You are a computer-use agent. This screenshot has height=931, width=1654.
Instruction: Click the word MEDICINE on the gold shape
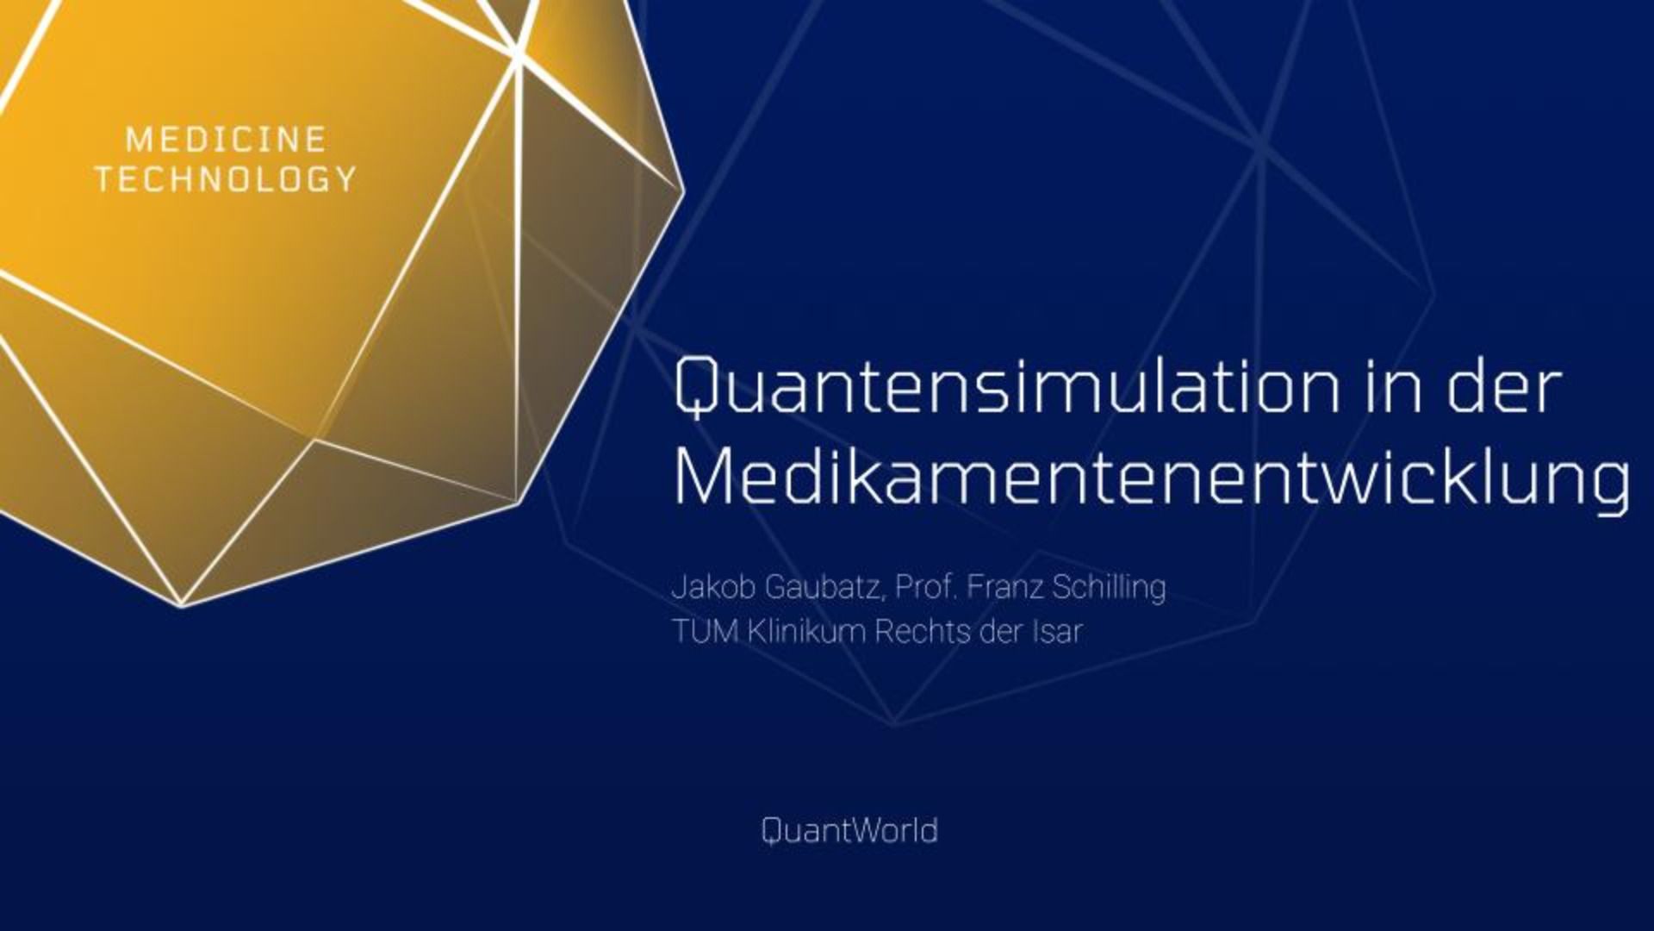(x=226, y=140)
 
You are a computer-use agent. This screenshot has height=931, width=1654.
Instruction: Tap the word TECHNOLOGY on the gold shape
(x=226, y=179)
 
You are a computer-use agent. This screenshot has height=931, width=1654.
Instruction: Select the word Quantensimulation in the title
(x=1007, y=387)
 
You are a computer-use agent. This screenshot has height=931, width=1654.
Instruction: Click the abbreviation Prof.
(x=927, y=588)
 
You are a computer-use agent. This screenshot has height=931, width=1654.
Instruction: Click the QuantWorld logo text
(x=850, y=831)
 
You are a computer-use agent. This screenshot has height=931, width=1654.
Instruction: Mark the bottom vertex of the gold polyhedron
(x=182, y=606)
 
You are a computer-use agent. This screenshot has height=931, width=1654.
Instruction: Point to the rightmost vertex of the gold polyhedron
(x=683, y=190)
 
